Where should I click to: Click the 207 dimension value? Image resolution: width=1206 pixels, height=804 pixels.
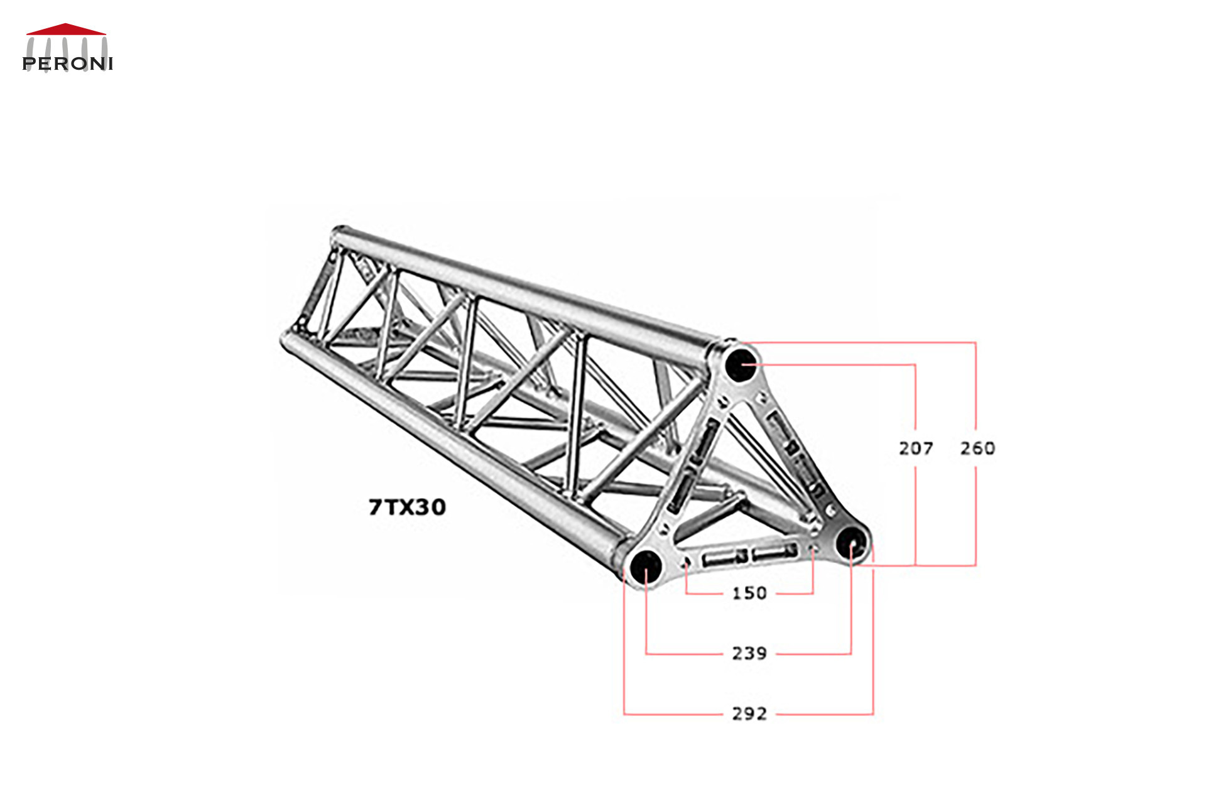coord(915,448)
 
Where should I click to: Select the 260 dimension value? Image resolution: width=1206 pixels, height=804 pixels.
coord(977,448)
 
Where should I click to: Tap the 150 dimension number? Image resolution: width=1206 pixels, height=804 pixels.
coord(749,593)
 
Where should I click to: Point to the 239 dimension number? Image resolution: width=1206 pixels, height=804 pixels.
coord(749,653)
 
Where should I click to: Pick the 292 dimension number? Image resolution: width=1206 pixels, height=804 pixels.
coord(749,714)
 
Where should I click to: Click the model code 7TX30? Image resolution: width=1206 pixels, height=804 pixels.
coord(407,507)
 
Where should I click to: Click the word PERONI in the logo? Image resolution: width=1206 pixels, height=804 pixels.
coord(67,63)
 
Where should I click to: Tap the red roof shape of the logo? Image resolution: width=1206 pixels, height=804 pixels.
coord(65,29)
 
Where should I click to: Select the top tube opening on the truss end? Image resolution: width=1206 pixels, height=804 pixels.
coord(741,364)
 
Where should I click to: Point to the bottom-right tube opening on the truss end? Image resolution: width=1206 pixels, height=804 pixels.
coord(851,541)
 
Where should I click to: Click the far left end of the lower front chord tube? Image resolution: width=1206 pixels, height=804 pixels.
coord(285,339)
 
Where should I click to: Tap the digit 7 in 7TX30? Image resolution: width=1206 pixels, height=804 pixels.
coord(376,507)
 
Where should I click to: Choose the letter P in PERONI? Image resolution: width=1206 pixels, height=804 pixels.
coord(29,63)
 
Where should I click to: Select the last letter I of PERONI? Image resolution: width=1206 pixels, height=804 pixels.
coord(110,63)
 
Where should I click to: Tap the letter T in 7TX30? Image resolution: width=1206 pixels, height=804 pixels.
coord(391,507)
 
